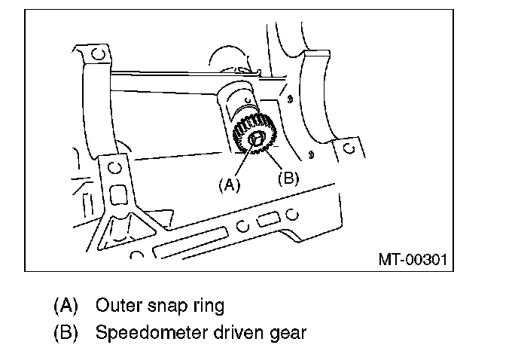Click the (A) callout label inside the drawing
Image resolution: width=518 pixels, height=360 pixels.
coord(229,184)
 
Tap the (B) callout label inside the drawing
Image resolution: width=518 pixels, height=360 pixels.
coord(288,178)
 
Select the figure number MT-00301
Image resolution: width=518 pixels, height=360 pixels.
coord(413,260)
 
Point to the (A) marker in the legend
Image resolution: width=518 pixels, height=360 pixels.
coord(66,306)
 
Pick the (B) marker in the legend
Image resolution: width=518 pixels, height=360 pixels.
coord(66,332)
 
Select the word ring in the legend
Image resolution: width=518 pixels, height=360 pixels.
coord(206,307)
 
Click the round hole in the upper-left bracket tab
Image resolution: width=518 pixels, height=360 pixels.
coord(97,55)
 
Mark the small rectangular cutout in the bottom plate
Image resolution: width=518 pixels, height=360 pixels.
coord(267,221)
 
